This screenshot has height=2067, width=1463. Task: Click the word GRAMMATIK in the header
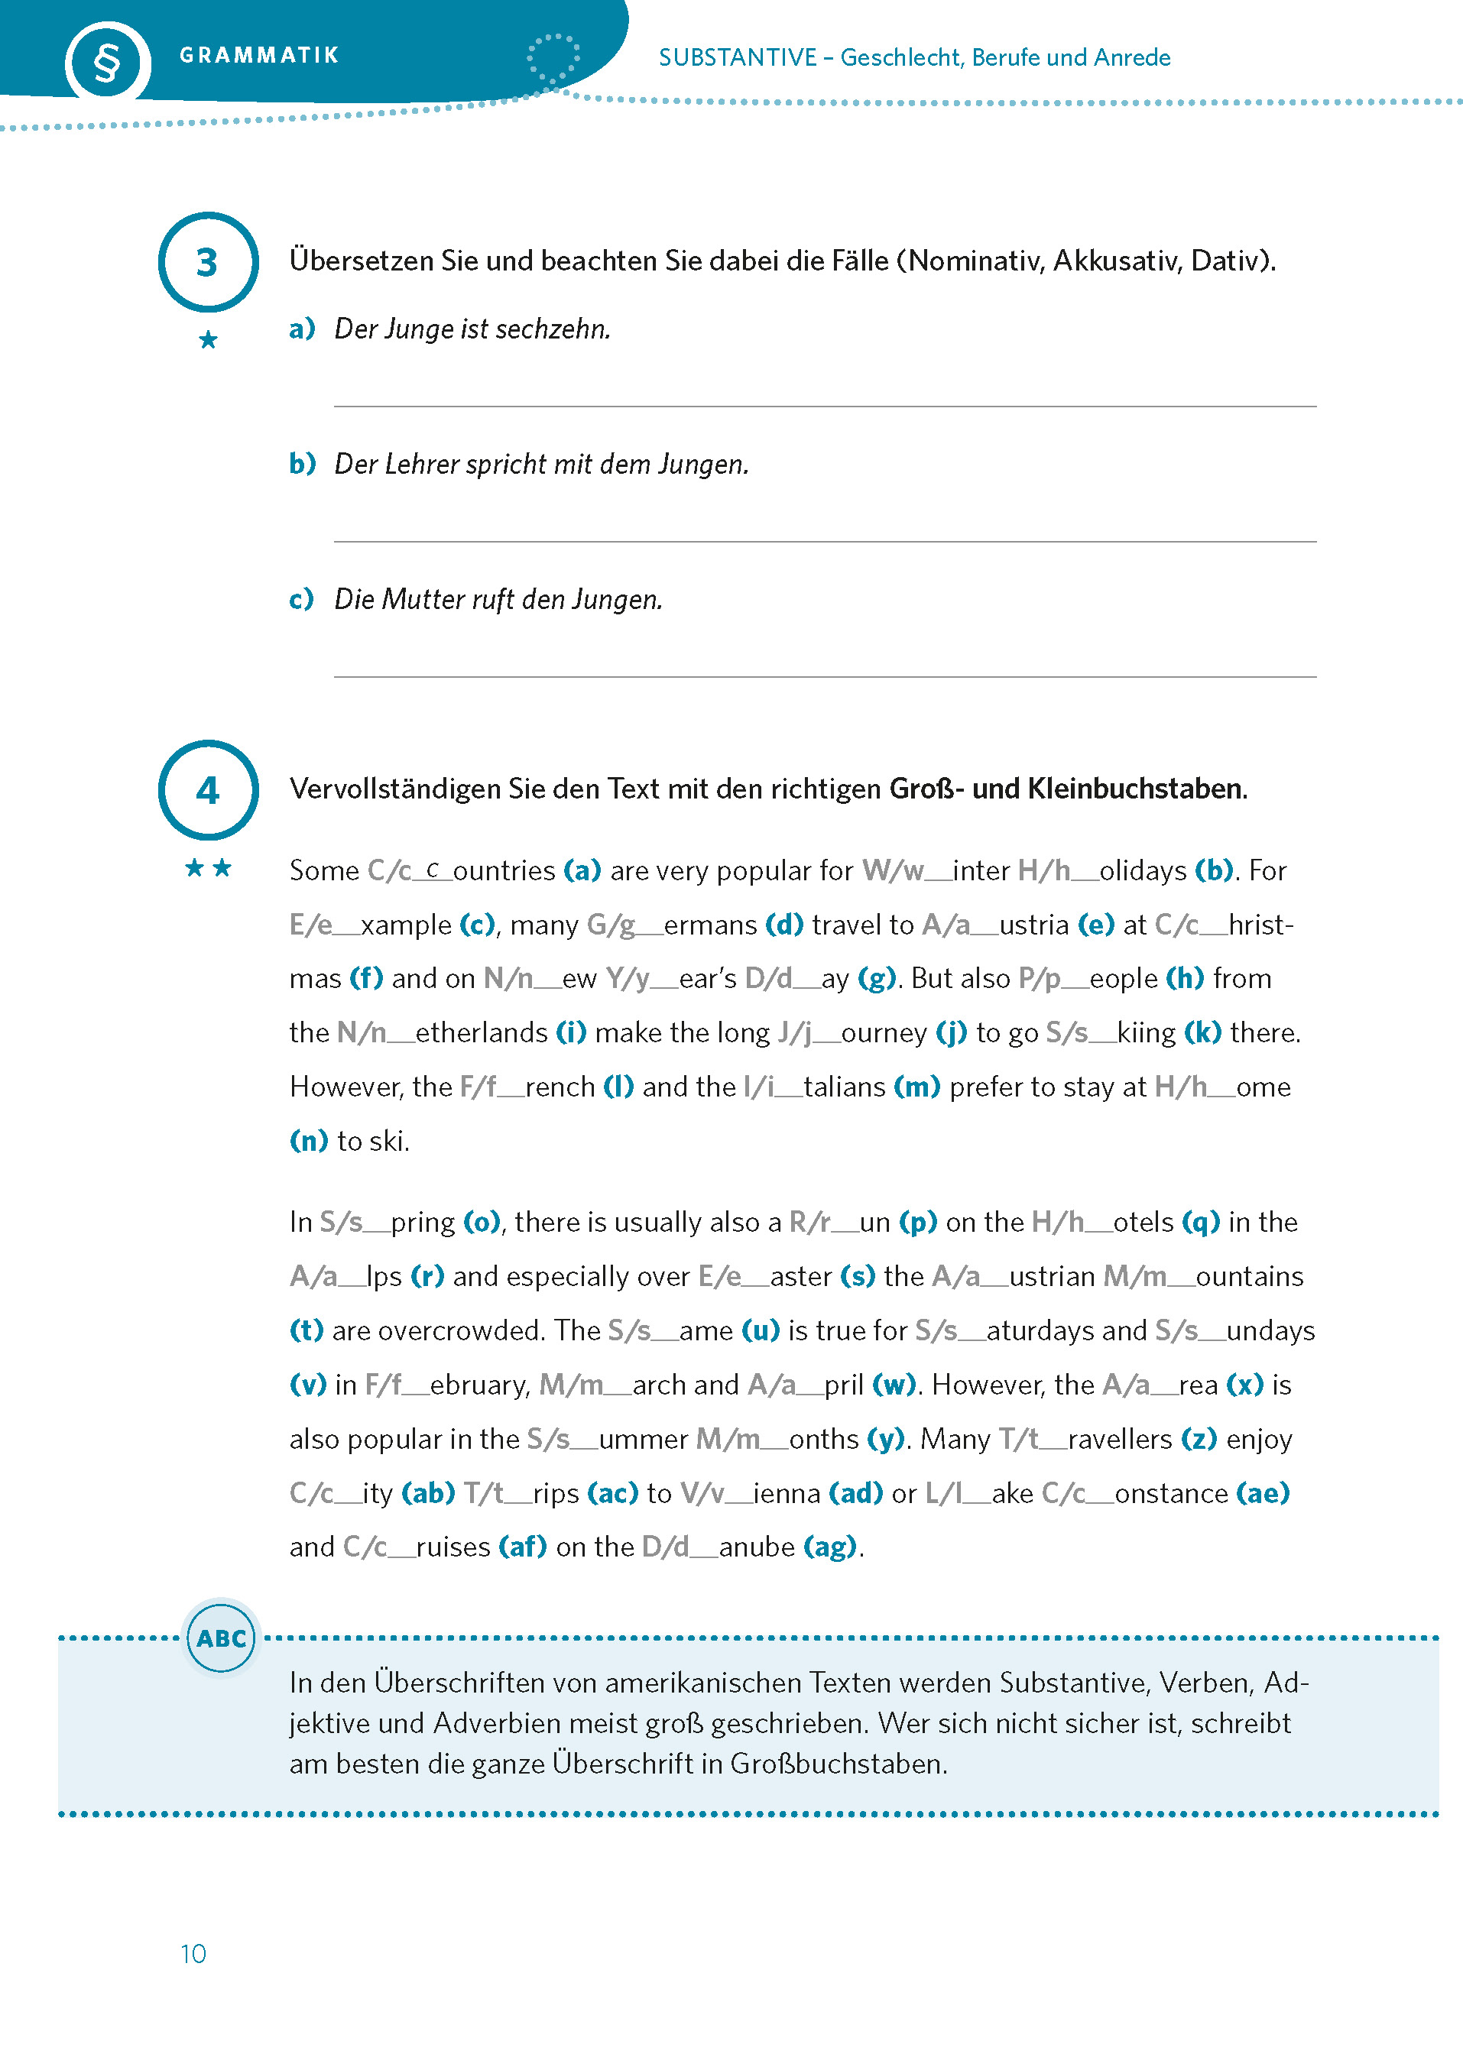coord(258,56)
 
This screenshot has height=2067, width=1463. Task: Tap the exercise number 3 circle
coord(208,262)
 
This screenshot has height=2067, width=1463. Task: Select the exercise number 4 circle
coord(208,790)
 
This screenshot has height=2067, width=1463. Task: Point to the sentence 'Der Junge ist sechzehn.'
coord(472,329)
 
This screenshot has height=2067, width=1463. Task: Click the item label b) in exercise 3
coord(302,464)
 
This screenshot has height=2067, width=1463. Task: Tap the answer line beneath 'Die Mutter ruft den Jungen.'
coord(824,676)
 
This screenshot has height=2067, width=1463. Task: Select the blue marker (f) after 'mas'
coord(365,978)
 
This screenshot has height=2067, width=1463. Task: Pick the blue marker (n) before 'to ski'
coord(308,1140)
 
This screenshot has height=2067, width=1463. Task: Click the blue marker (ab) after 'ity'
coord(428,1492)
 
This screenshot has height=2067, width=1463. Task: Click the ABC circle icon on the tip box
coord(221,1638)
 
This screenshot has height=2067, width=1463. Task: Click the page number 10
coord(193,1953)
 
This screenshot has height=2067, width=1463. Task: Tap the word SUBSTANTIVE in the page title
coord(737,57)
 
